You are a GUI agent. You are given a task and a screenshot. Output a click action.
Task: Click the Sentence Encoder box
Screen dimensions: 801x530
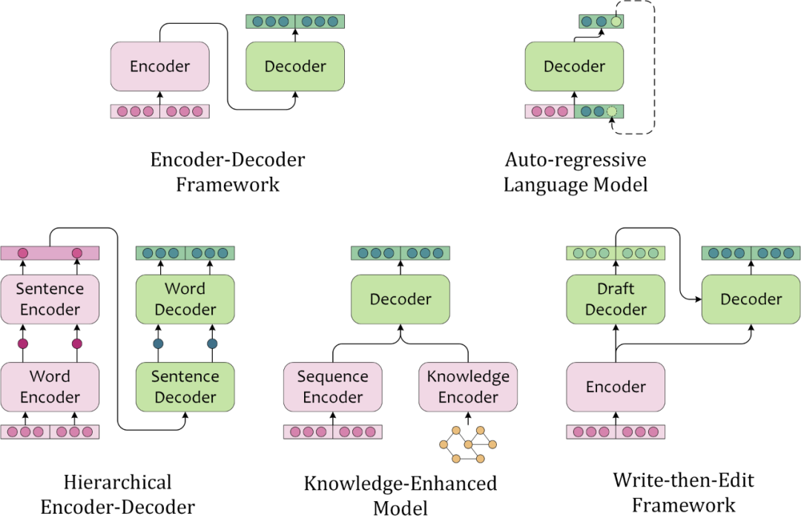pos(50,299)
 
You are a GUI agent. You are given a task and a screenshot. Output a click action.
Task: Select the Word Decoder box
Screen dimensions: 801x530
pos(185,299)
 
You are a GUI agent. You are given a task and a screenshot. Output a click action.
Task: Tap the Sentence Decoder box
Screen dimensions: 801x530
pos(185,387)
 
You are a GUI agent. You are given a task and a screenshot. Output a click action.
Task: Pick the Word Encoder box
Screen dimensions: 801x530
pos(50,387)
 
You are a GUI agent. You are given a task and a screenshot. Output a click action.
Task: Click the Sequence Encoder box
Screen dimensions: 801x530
pos(332,387)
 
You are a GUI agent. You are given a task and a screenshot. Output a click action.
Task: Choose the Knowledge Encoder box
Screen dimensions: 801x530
pos(468,387)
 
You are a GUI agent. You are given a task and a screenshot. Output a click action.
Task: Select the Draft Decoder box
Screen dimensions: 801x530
pos(616,299)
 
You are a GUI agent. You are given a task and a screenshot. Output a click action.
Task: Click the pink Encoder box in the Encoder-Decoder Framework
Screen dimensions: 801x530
pos(160,67)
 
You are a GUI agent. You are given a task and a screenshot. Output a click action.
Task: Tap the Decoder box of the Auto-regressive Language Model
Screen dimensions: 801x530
pos(574,67)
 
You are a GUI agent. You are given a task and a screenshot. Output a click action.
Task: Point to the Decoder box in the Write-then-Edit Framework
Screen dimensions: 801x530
pos(751,299)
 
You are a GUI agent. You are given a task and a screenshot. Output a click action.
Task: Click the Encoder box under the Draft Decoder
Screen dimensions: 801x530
pos(616,387)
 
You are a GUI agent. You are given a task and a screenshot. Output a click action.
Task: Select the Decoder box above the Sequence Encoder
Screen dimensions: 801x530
pos(400,299)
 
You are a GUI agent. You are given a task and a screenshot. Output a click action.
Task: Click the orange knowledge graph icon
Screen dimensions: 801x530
pos(468,445)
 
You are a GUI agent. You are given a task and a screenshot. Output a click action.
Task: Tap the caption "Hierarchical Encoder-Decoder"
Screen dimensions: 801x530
pos(117,494)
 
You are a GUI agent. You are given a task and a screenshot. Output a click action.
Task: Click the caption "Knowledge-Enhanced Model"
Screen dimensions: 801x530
pos(400,496)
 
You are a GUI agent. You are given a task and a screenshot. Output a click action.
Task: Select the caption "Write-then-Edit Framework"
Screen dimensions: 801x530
pos(684,493)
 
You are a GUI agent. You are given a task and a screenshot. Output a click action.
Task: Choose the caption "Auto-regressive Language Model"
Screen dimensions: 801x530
pos(576,172)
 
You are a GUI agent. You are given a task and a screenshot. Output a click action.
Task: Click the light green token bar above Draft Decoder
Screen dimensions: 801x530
pos(616,253)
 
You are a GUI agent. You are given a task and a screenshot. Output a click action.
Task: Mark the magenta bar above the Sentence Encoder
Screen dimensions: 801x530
pos(50,253)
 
